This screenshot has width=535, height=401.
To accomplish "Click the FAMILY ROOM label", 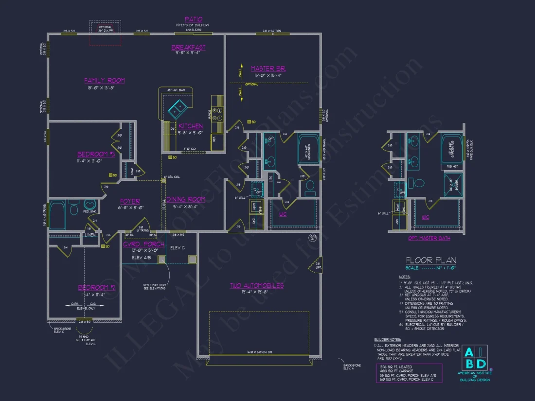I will coord(104,81).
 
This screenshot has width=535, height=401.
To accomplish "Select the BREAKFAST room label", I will coord(188,48).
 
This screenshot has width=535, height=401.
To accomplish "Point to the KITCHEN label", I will coord(190,126).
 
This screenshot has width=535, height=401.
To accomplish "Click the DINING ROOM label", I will coord(185,199).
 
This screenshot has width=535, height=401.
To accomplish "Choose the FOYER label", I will coord(130,201).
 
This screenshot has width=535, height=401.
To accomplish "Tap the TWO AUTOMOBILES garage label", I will coord(257,285).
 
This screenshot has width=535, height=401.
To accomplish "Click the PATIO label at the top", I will coord(193,19).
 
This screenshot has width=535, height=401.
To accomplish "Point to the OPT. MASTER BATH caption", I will coord(428,238).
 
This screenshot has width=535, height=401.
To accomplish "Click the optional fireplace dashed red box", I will coord(105,33).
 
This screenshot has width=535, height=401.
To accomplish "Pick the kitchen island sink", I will coord(176,110).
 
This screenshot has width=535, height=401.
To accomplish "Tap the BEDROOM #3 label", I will coord(95,154).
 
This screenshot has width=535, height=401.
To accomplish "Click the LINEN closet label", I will coord(90,235).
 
